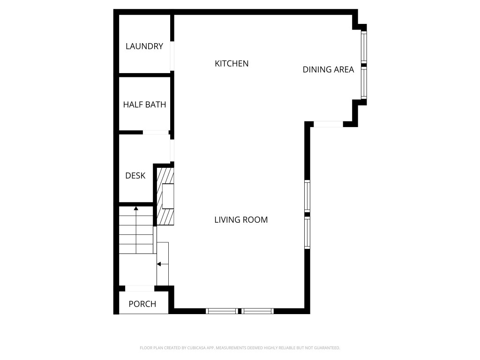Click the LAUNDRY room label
(x=144, y=46)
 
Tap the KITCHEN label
(x=232, y=63)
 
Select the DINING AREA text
(x=328, y=70)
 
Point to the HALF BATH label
(x=144, y=105)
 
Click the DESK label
(x=135, y=176)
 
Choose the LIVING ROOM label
(x=241, y=219)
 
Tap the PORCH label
(x=142, y=304)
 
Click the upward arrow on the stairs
(x=136, y=208)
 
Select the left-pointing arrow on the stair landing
(x=159, y=264)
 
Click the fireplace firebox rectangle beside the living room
(x=168, y=196)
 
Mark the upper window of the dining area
(x=363, y=47)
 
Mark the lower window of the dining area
(x=363, y=83)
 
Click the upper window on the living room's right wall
(x=307, y=196)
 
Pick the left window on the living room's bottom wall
(x=222, y=311)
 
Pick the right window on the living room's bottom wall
(x=258, y=311)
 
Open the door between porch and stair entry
(x=140, y=288)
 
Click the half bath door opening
(x=155, y=133)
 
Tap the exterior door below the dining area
(x=328, y=124)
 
